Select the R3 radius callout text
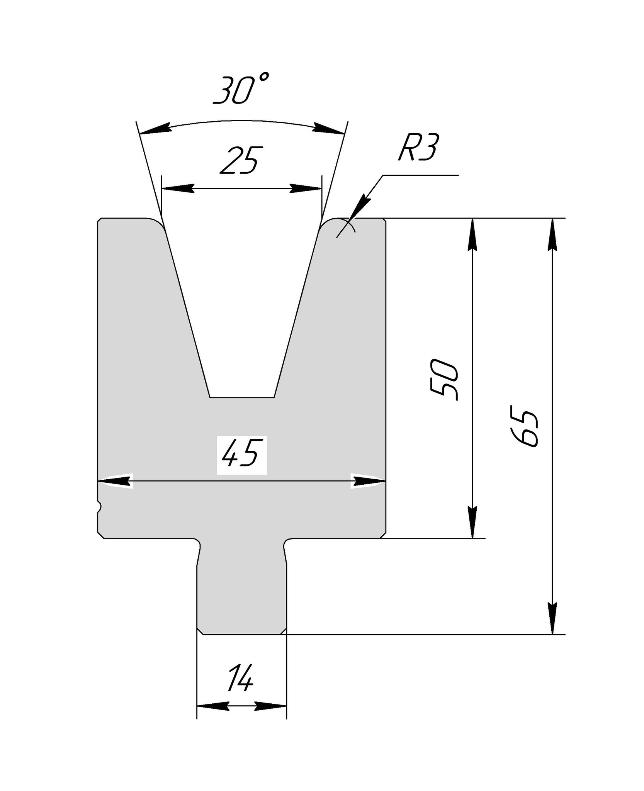(418, 147)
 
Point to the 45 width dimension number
(241, 452)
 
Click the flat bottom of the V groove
(242, 397)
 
